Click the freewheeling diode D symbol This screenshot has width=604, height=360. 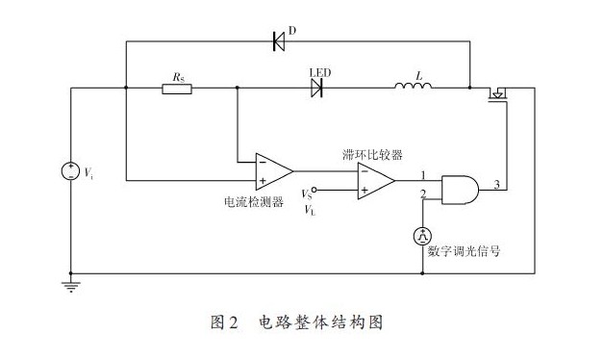coord(279,41)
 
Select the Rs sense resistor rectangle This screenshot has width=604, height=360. coord(177,89)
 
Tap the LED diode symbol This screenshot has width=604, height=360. coord(316,88)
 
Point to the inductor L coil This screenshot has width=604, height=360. coord(413,85)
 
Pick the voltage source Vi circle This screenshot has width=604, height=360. coord(71,171)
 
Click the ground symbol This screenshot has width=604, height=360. coord(71,287)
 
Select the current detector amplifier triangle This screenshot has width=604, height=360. coord(274,171)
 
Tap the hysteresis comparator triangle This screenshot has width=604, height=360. coord(376,181)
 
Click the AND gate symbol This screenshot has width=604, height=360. coord(460,190)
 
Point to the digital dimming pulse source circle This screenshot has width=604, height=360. coord(422,236)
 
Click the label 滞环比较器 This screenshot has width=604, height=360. coord(372,155)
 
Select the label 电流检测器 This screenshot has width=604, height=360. coord(254,201)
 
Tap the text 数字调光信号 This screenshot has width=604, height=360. coord(464,251)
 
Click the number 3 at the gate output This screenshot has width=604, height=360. coord(497,184)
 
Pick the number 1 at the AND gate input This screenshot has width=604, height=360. coord(423,175)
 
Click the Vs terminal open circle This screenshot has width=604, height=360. coord(314,190)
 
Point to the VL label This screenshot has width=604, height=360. coord(310,210)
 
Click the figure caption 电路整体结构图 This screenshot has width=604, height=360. coord(320,322)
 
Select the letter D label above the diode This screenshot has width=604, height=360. coord(292,30)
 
